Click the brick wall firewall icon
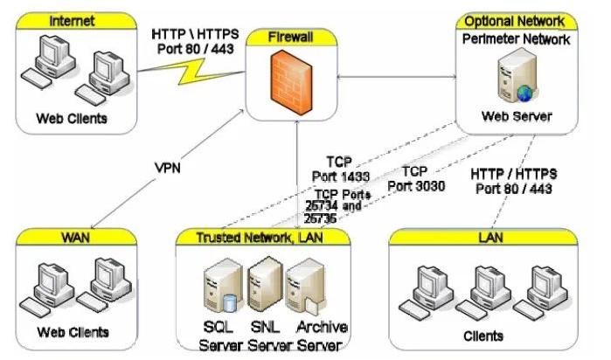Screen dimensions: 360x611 pyautogui.click(x=293, y=81)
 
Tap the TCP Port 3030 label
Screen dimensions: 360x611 pyautogui.click(x=426, y=178)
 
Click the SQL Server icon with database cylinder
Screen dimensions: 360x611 pyautogui.click(x=219, y=288)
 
